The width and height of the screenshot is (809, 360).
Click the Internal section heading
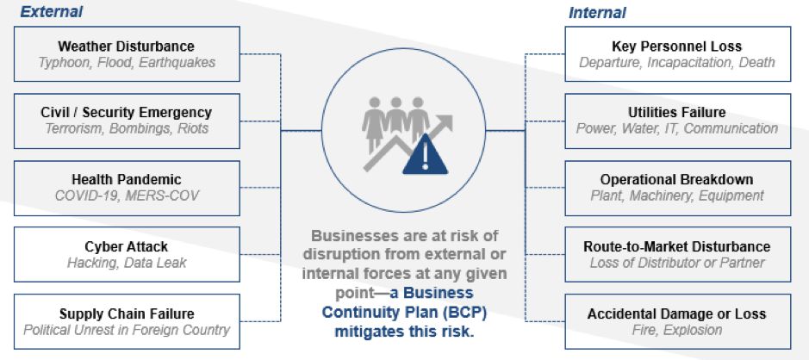tap(596, 13)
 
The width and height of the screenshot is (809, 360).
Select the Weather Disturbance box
tap(126, 53)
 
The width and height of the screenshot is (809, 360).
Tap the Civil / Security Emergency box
tap(126, 121)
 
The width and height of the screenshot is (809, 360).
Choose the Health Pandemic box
tap(126, 187)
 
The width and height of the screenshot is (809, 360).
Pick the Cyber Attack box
tap(126, 254)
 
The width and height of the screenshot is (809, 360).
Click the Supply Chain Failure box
tap(126, 320)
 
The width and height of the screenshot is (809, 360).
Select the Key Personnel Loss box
tap(676, 53)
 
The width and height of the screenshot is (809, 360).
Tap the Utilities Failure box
tap(676, 121)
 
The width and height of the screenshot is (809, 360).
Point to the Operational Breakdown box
tap(676, 187)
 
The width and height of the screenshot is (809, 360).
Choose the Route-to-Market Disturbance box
tap(676, 254)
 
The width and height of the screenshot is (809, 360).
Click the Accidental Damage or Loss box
tap(676, 320)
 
